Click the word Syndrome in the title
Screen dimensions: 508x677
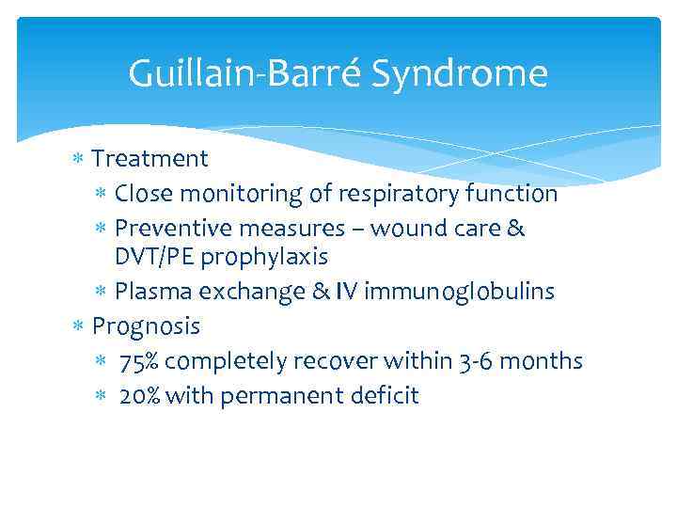(x=460, y=73)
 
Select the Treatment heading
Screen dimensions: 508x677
(x=150, y=158)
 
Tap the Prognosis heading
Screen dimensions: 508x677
(x=146, y=326)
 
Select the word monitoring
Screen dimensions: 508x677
(x=237, y=194)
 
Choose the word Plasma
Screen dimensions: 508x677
(x=148, y=292)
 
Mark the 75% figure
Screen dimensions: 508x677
(x=139, y=361)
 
